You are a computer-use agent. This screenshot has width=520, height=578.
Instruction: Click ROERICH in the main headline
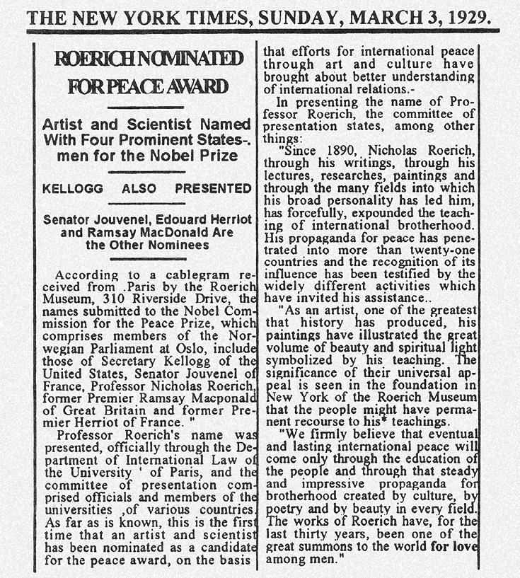click(94, 59)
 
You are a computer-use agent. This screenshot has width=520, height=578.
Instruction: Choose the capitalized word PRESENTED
click(213, 189)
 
